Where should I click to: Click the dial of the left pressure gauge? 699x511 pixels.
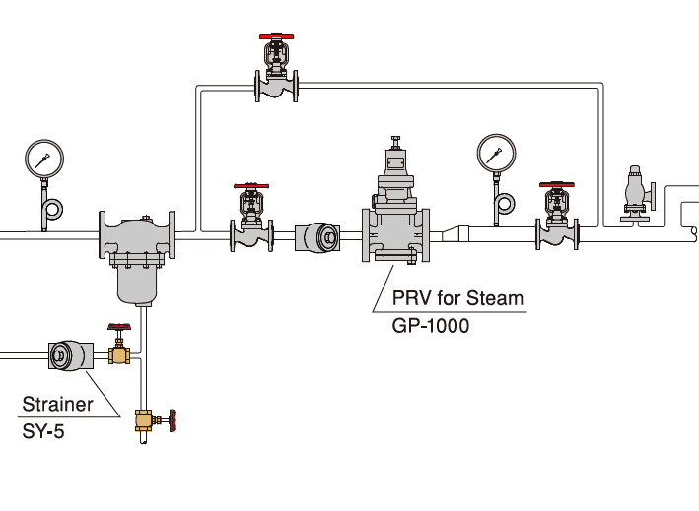point(44,159)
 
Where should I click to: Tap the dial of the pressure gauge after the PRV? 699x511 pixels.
point(496,153)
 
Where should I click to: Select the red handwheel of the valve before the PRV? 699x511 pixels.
point(250,185)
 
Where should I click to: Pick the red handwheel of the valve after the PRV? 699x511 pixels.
point(556,185)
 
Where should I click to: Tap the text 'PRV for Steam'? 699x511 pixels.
point(457,298)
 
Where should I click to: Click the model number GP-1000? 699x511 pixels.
point(431,325)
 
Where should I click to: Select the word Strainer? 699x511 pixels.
point(58,404)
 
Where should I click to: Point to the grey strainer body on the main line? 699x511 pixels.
point(137,256)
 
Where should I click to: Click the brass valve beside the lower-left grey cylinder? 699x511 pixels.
point(119,351)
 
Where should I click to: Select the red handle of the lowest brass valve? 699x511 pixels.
point(172,421)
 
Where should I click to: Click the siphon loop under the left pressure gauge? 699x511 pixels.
point(51,208)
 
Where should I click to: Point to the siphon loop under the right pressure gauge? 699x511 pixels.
point(505,204)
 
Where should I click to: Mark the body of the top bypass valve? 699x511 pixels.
point(276,87)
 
